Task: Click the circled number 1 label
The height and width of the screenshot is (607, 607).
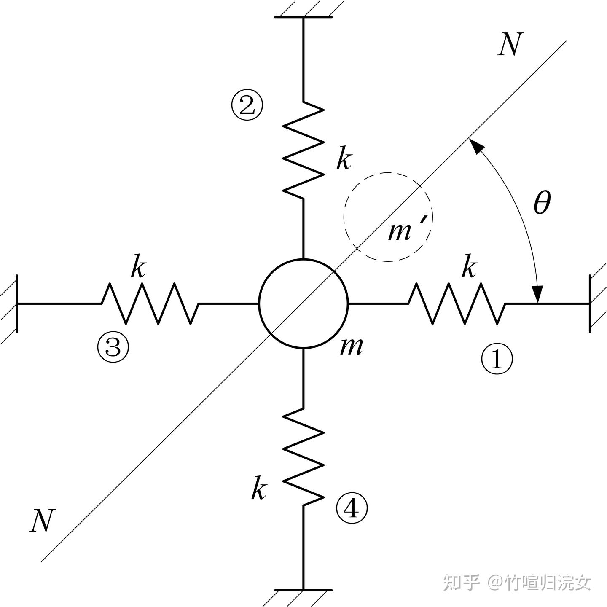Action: click(x=497, y=360)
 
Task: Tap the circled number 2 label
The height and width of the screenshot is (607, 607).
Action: click(x=247, y=106)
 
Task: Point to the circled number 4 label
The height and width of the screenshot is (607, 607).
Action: click(x=352, y=509)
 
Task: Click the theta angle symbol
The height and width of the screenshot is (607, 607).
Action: click(x=542, y=203)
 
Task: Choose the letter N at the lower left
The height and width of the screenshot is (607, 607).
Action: click(x=43, y=521)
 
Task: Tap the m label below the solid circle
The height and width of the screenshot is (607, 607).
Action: click(x=351, y=346)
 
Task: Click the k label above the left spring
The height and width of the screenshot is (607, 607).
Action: click(x=138, y=267)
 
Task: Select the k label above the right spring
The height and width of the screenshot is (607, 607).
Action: click(x=469, y=267)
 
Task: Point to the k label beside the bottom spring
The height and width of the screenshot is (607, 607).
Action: click(x=259, y=489)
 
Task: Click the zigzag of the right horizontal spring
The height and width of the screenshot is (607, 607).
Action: click(x=457, y=303)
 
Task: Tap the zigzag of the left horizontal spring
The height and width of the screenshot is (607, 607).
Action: click(x=150, y=303)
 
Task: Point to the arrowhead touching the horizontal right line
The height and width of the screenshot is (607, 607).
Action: click(x=537, y=294)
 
